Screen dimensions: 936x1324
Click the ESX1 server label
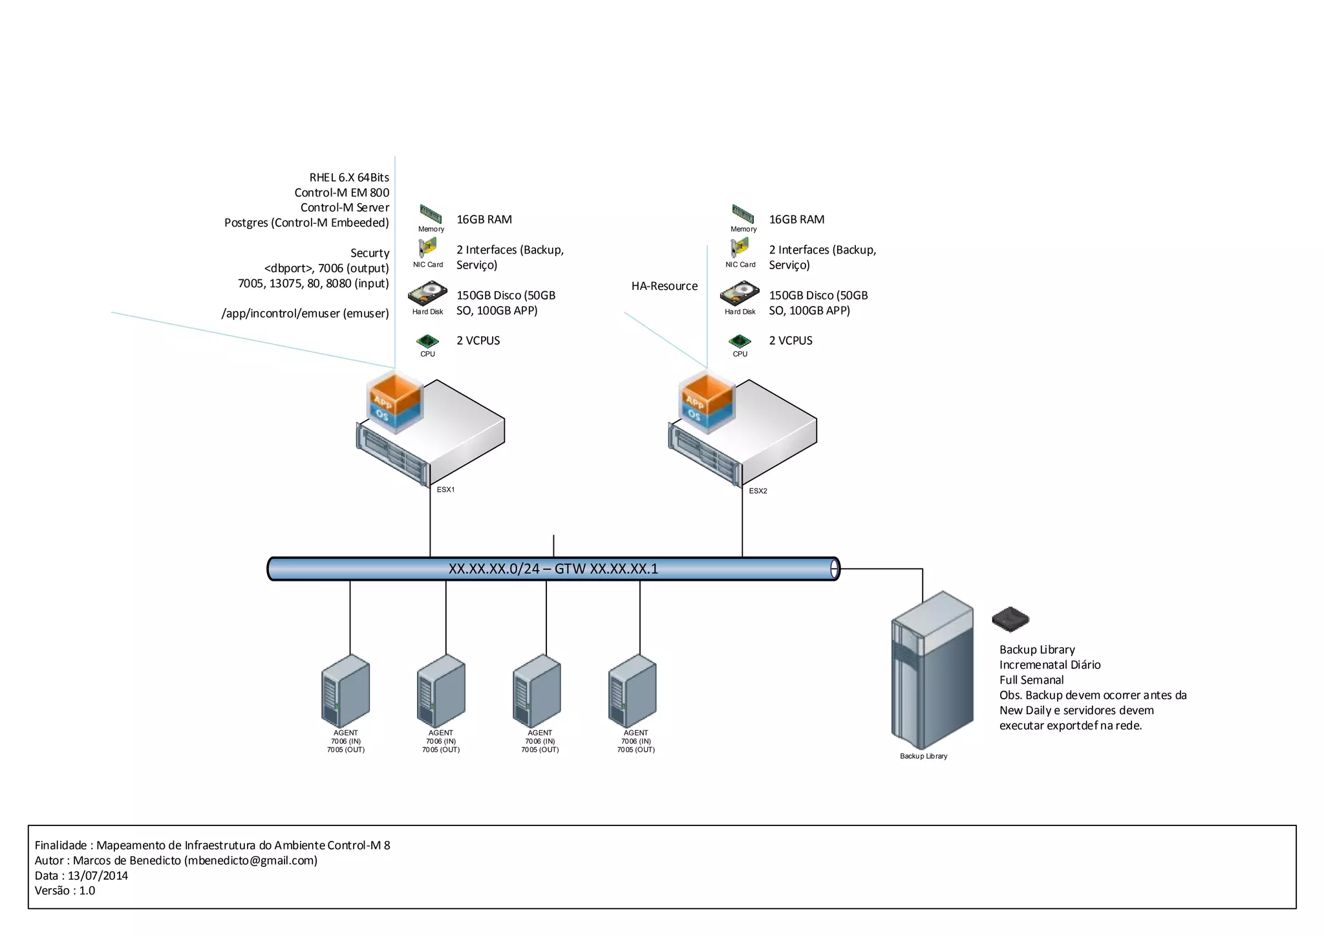(x=445, y=490)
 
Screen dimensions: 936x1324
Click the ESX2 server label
(x=758, y=491)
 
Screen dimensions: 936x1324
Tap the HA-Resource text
(x=664, y=286)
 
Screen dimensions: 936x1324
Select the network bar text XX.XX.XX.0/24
(x=494, y=569)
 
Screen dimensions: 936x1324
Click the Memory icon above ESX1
(x=431, y=213)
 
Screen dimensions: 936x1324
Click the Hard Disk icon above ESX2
(x=740, y=294)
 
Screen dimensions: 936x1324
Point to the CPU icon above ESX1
(x=427, y=341)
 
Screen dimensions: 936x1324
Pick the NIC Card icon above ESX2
(x=740, y=248)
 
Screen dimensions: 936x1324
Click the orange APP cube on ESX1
(x=395, y=391)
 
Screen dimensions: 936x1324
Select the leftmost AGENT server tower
(x=345, y=691)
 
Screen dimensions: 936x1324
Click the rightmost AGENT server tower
(x=632, y=691)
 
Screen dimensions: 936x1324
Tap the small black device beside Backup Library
(x=1010, y=619)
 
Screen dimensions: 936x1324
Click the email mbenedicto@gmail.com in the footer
(x=250, y=860)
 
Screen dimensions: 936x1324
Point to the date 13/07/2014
(x=98, y=875)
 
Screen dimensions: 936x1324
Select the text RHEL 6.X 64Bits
(x=349, y=177)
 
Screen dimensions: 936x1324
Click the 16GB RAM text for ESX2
(x=796, y=219)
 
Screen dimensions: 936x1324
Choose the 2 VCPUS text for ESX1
(x=478, y=340)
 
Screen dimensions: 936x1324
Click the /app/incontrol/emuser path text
(x=305, y=313)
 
